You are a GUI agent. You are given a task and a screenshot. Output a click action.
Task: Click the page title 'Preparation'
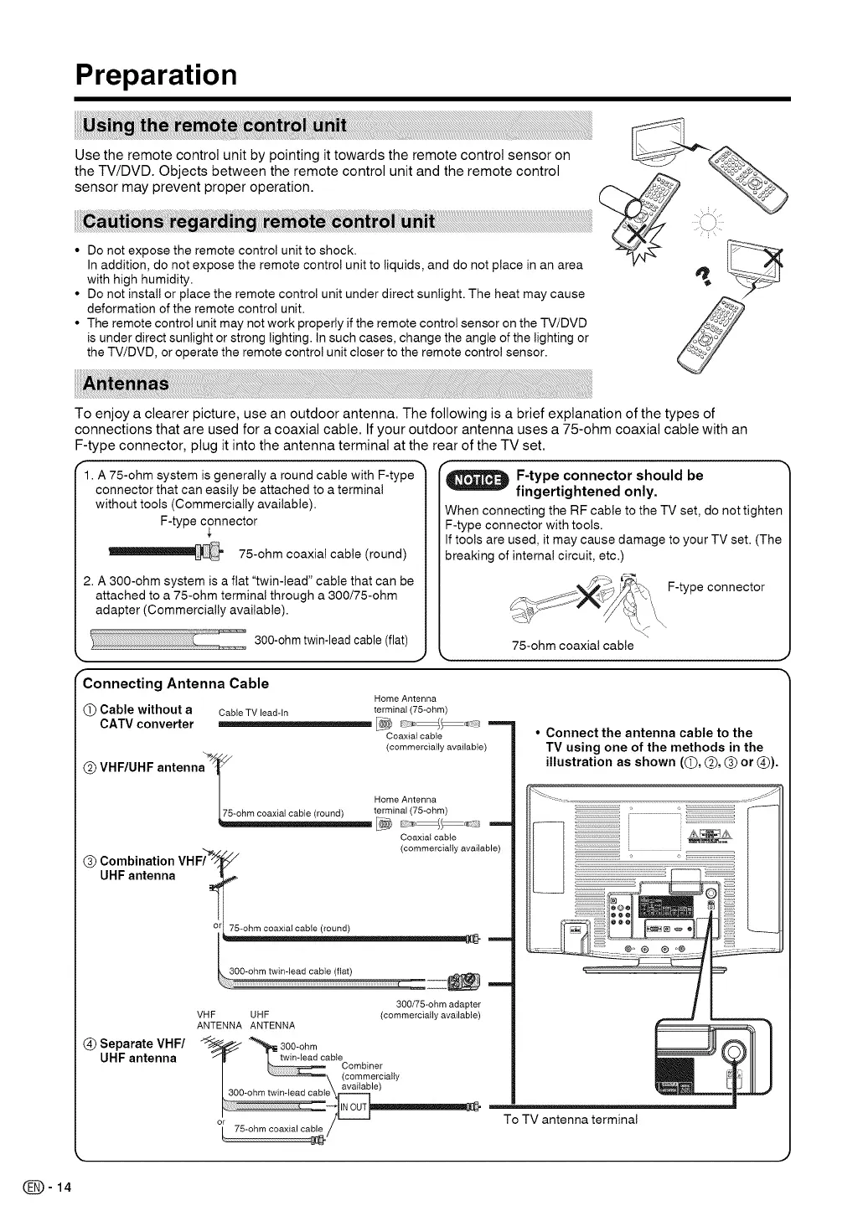point(156,75)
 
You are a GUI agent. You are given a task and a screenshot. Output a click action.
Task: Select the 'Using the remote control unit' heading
point(213,126)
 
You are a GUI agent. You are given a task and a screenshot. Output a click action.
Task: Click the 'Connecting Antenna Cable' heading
point(176,683)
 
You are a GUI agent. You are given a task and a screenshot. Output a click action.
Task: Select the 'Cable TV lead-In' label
point(253,713)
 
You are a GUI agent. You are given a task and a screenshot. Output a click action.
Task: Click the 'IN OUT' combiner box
point(354,1107)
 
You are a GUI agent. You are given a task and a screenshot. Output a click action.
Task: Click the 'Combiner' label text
point(362,1066)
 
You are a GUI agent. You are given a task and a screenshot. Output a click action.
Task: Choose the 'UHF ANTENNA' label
point(272,1019)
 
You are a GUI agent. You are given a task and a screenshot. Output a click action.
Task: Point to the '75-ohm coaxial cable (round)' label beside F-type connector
point(323,554)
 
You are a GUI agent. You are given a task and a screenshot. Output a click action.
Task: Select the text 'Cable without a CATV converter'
point(146,717)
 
